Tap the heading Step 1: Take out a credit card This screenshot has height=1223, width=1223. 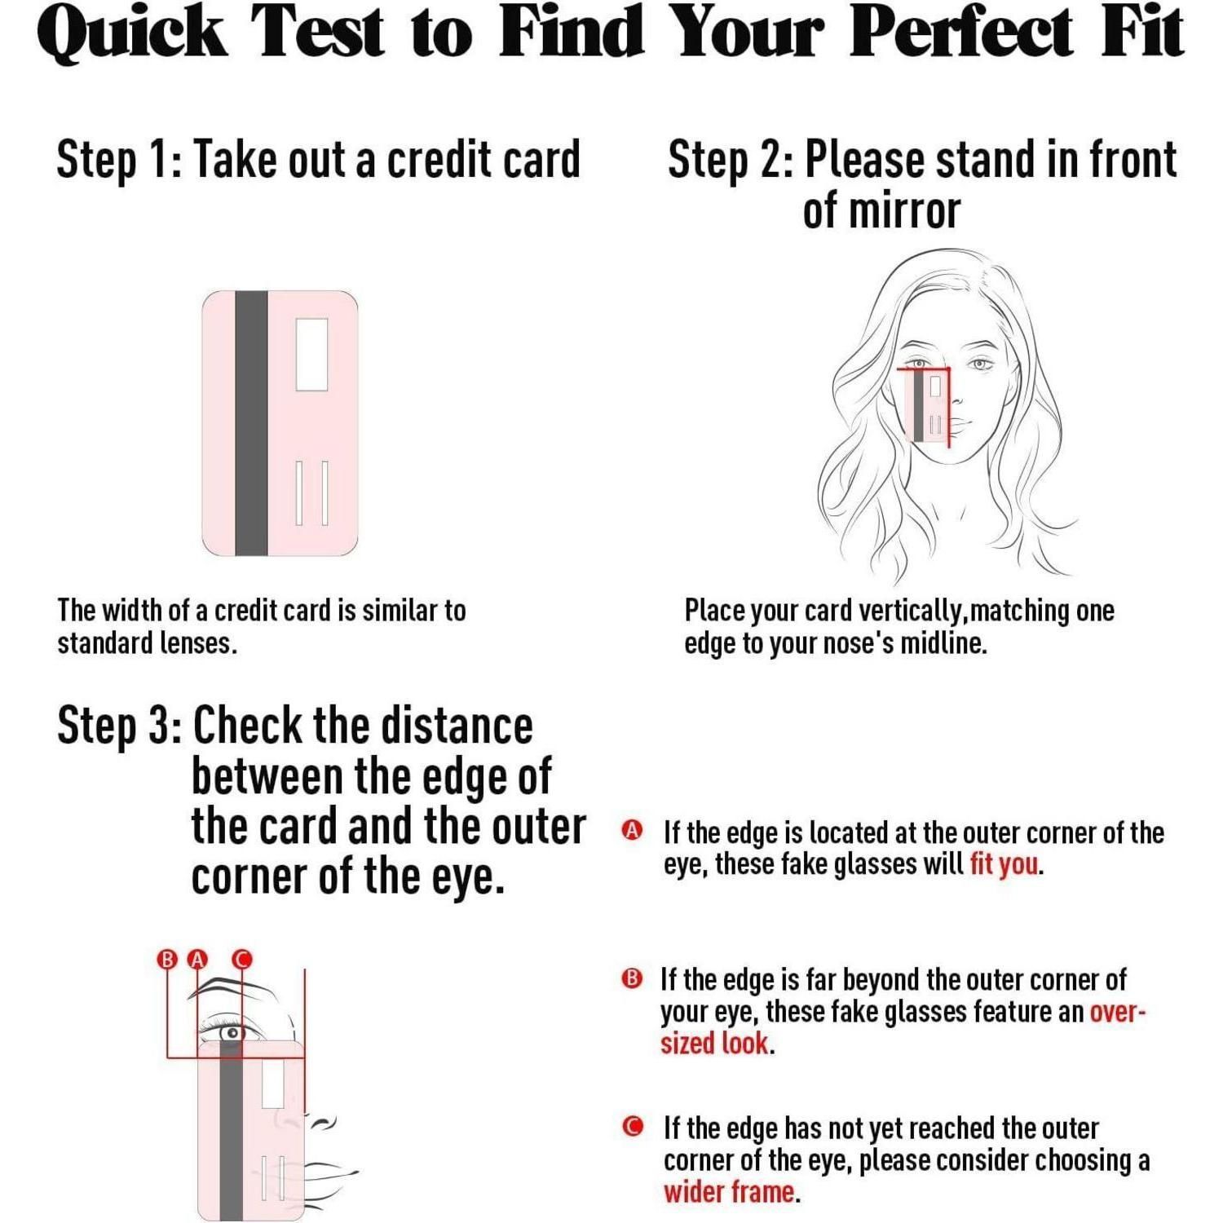click(318, 159)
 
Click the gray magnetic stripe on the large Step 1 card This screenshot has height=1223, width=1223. click(251, 423)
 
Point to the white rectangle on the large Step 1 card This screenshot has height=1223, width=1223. click(311, 354)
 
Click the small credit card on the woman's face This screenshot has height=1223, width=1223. click(928, 405)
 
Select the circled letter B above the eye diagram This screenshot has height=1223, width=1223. click(167, 959)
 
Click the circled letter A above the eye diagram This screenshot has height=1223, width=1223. click(197, 959)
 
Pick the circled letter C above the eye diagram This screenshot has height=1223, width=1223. click(242, 959)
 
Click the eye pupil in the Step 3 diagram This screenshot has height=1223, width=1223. click(232, 1033)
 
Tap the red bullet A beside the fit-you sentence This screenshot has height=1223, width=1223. click(632, 831)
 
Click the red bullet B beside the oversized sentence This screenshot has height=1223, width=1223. click(632, 978)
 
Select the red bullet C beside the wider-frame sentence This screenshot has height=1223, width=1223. click(632, 1127)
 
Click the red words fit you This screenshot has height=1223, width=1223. click(1004, 864)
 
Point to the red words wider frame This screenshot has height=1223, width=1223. click(729, 1191)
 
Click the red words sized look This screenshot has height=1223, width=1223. click(714, 1043)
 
